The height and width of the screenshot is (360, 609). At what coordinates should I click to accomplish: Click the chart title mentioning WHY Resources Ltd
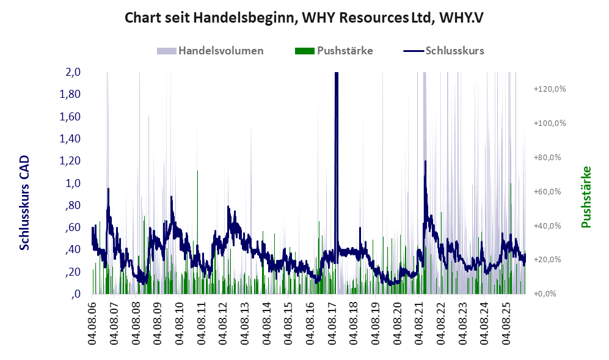[304, 18]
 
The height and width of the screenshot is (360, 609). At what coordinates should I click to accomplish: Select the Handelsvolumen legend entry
[210, 51]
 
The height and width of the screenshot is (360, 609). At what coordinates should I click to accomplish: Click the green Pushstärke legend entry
[334, 51]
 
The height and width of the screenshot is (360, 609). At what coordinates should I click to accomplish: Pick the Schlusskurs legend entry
[443, 51]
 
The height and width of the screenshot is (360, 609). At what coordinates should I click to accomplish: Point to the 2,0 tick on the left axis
[73, 72]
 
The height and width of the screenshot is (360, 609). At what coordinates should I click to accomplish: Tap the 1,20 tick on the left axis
[70, 161]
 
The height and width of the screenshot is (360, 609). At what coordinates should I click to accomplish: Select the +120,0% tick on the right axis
[550, 89]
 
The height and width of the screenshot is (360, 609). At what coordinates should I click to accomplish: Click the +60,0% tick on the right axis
[548, 192]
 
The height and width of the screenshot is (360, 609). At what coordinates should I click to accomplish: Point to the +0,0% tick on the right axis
[545, 294]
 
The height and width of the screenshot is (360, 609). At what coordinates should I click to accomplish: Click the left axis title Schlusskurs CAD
[24, 202]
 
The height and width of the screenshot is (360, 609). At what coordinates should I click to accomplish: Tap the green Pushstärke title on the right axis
[586, 197]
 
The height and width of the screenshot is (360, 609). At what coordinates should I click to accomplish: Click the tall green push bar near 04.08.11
[198, 232]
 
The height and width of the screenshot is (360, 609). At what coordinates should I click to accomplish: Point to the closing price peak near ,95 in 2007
[108, 189]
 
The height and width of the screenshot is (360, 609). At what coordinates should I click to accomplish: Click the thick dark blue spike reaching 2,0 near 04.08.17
[337, 163]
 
